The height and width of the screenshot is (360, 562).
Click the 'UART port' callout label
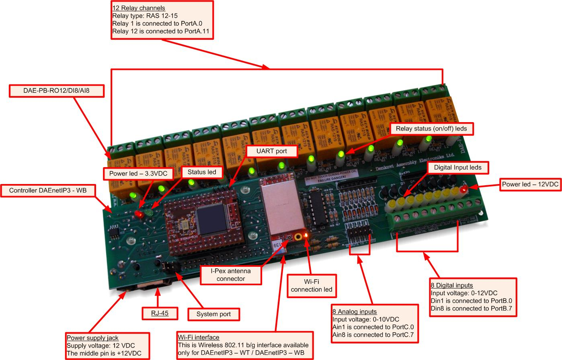click(x=271, y=151)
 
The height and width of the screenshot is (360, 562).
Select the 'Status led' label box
click(x=201, y=172)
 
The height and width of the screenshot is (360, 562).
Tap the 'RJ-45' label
click(x=160, y=313)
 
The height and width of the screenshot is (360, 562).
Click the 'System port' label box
click(x=213, y=314)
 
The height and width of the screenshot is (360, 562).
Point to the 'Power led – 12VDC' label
click(x=530, y=184)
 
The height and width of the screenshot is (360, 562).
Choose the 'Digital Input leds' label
click(x=457, y=167)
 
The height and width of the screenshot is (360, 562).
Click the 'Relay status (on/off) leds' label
click(x=431, y=129)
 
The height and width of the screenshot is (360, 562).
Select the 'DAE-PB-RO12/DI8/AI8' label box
click(x=56, y=91)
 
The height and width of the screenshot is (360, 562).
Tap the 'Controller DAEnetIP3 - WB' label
click(x=49, y=190)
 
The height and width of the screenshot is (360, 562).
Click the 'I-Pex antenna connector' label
click(x=230, y=274)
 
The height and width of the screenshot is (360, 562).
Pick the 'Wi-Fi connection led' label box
click(x=311, y=285)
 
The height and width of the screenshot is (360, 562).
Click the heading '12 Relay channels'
click(x=139, y=8)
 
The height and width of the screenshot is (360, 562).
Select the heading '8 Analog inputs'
click(x=354, y=311)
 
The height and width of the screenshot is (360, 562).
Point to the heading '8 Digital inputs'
click(x=451, y=285)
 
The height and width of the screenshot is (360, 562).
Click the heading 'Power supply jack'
click(x=92, y=338)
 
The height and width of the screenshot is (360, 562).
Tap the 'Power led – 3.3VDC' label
click(x=141, y=174)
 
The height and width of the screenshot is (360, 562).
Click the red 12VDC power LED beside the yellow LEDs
click(x=464, y=189)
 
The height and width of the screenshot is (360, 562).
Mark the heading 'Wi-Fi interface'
click(x=199, y=337)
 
